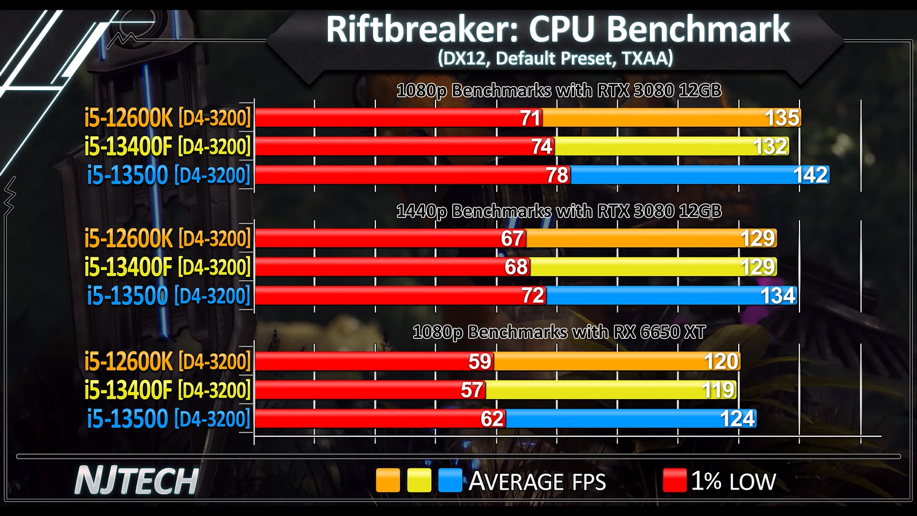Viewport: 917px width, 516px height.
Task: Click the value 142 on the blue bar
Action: click(810, 175)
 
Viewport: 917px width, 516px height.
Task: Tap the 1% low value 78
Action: click(557, 175)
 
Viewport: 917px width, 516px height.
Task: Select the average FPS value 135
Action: click(782, 118)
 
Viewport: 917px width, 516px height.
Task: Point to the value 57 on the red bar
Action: click(472, 390)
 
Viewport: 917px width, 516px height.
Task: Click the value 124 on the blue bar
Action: click(737, 419)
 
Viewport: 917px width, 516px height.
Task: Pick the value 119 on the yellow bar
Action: click(718, 390)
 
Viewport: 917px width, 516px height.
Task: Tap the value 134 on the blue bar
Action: click(778, 296)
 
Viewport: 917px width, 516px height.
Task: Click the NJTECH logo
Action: click(136, 480)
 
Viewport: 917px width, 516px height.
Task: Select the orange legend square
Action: click(388, 480)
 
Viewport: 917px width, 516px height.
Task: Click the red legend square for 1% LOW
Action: click(675, 480)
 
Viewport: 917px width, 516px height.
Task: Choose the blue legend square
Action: click(450, 480)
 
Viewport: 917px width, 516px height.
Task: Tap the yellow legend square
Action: click(419, 480)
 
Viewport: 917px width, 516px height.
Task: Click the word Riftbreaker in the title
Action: click(422, 30)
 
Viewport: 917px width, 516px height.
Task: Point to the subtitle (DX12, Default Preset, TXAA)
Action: click(555, 58)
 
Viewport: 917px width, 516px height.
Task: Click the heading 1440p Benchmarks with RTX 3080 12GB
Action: click(559, 212)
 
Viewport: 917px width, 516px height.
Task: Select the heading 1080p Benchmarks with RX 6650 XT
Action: click(559, 332)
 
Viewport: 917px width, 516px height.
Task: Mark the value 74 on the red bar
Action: click(542, 147)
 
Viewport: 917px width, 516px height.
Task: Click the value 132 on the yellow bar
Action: click(770, 147)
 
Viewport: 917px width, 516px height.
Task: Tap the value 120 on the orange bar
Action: click(721, 362)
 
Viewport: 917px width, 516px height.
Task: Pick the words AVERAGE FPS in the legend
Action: click(537, 482)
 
